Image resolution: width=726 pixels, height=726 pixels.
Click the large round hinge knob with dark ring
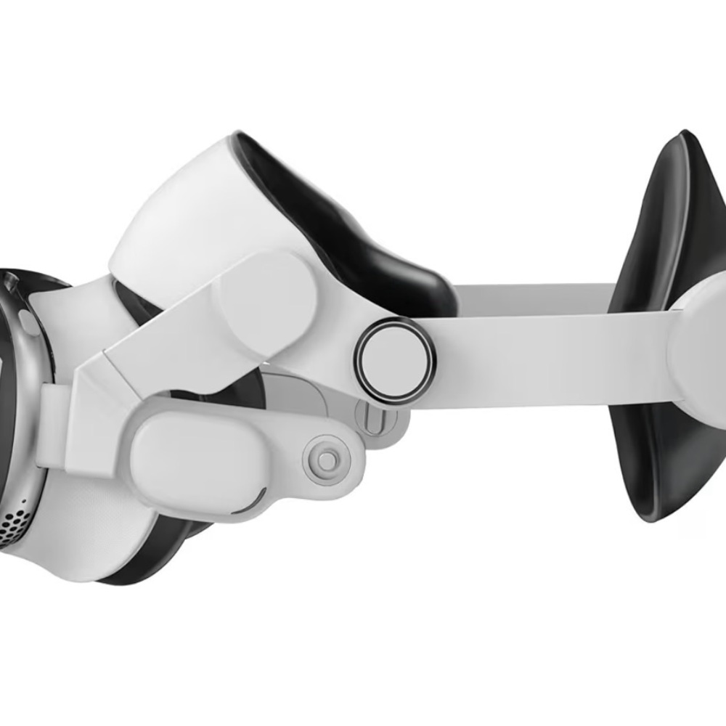point(395,360)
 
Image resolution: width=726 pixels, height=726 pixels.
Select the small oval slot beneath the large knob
point(372,420)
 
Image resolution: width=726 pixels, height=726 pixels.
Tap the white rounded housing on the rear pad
point(701,348)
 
